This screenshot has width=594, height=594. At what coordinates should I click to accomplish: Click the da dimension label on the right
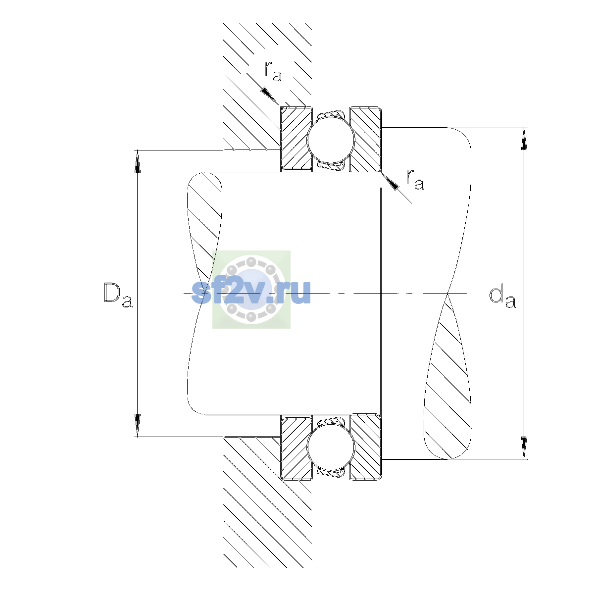tap(502, 297)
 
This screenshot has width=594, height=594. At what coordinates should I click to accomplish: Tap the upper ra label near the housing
tap(273, 71)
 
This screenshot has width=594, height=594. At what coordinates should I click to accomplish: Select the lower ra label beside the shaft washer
tap(415, 179)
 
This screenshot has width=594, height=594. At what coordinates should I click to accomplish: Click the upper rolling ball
tap(331, 139)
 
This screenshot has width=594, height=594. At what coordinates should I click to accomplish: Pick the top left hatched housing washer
tap(296, 139)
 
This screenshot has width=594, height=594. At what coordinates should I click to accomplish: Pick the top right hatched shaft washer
tap(366, 139)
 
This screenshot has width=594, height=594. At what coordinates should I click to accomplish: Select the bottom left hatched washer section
tap(296, 447)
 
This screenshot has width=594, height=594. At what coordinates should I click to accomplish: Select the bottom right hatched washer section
tap(366, 447)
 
